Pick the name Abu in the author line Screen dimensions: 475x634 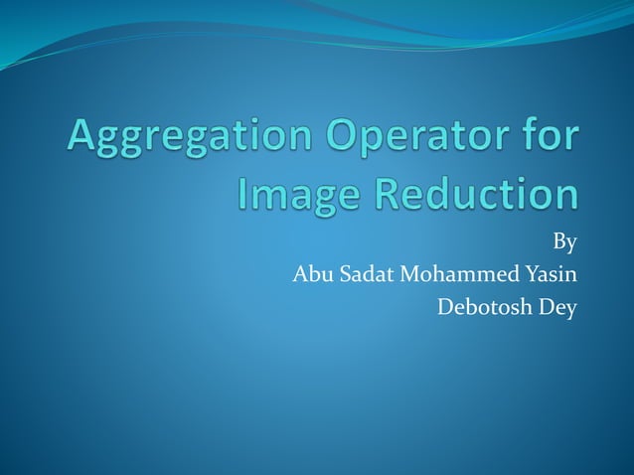[x=309, y=274]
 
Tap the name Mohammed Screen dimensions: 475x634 [x=457, y=274]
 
